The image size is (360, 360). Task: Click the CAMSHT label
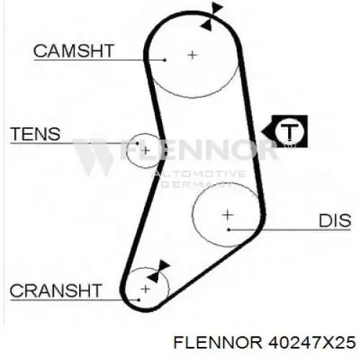(73, 51)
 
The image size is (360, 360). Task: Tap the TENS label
(35, 134)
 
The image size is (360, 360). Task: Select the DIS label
(335, 220)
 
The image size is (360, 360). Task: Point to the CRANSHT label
(55, 290)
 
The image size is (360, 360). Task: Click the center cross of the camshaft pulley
(192, 55)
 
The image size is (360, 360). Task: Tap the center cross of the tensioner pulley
(145, 151)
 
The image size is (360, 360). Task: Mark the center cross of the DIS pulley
(228, 215)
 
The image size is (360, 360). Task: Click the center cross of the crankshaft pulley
(145, 289)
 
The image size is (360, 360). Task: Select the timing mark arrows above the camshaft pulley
(211, 17)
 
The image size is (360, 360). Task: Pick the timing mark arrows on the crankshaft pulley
(158, 271)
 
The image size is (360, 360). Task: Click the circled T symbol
(289, 131)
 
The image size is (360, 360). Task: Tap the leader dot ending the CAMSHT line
(165, 60)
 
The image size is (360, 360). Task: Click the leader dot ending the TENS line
(138, 143)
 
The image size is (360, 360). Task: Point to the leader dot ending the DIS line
(229, 230)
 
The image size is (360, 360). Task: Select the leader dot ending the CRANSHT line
(139, 300)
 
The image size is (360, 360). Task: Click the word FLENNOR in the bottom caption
(218, 342)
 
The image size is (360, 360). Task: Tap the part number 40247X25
(312, 342)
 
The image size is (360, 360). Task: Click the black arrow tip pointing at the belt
(262, 132)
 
